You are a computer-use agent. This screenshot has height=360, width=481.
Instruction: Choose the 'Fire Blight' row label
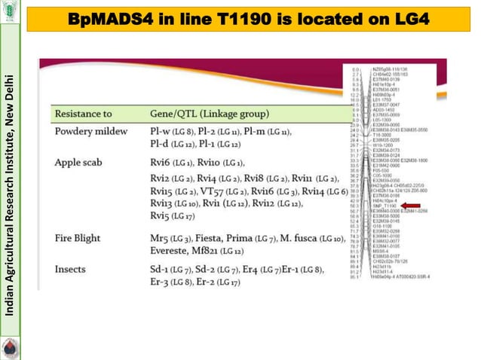[78, 238]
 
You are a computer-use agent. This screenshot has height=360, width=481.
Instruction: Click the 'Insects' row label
[71, 269]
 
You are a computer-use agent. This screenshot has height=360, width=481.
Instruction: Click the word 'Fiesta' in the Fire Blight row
[212, 238]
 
